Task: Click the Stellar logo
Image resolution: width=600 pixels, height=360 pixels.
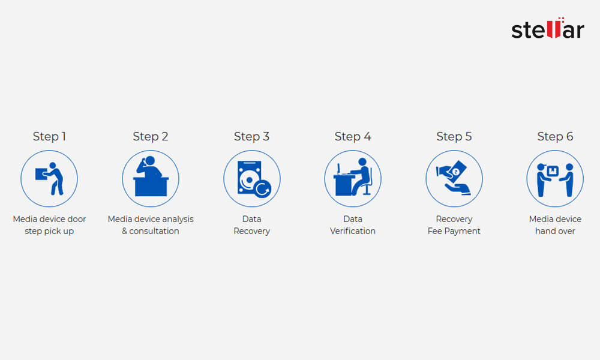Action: [547, 29]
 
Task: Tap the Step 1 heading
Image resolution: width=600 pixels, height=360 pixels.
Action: [49, 137]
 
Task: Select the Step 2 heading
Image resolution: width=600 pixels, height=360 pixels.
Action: [151, 137]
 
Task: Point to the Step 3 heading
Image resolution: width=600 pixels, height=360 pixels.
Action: [251, 137]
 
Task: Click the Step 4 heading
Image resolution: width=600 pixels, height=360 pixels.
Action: [353, 137]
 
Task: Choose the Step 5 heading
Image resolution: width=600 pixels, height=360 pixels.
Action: [454, 137]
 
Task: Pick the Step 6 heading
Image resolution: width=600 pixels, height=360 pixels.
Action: [555, 137]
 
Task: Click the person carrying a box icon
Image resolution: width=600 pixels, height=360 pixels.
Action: [49, 179]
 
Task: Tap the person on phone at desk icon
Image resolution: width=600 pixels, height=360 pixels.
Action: [151, 179]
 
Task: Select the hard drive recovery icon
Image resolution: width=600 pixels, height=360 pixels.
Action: [251, 179]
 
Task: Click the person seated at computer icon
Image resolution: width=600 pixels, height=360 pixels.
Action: [353, 179]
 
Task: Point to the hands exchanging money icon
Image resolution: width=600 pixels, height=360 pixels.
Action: [454, 179]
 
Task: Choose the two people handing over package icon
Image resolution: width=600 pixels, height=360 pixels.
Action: [555, 179]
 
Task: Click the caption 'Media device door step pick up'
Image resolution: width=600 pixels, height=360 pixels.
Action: [49, 225]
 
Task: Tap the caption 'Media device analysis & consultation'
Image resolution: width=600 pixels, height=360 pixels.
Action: [151, 225]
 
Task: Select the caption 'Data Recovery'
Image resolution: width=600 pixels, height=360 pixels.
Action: [251, 225]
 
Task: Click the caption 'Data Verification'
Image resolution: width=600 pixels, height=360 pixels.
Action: [353, 225]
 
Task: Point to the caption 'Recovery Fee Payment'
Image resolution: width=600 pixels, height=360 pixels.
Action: [454, 225]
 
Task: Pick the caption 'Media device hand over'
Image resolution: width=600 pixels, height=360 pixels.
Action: [555, 225]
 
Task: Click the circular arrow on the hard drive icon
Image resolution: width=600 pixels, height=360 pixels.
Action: [262, 190]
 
